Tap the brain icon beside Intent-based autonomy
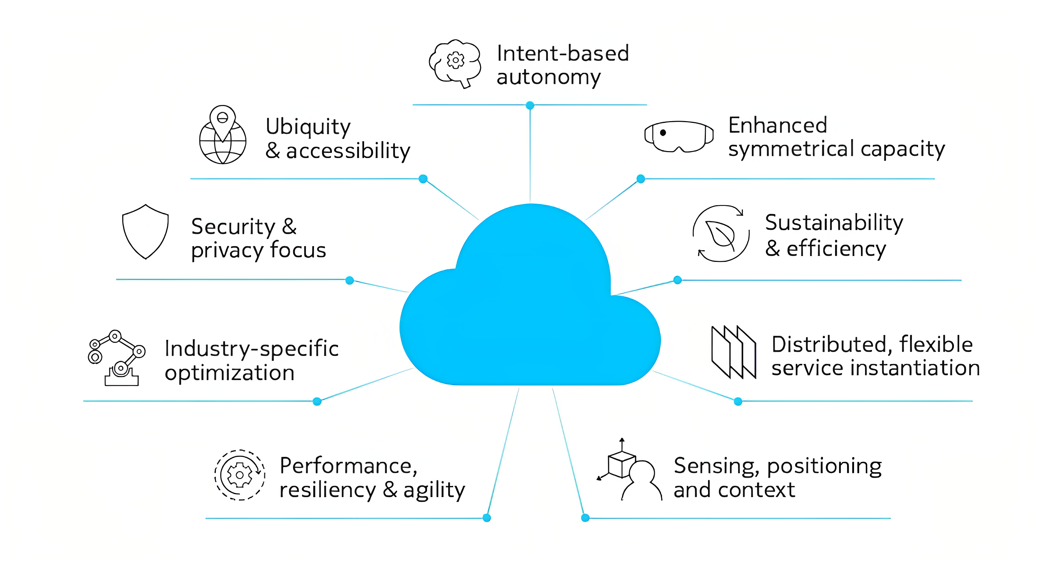(x=455, y=63)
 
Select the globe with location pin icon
(x=222, y=135)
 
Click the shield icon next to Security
(x=145, y=232)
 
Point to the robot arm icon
(x=116, y=358)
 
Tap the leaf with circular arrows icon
(x=720, y=233)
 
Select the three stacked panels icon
(x=734, y=352)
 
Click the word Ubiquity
(x=308, y=127)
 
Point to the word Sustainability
(x=834, y=223)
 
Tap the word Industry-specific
(x=251, y=349)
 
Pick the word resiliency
(x=327, y=490)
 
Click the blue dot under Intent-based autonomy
(x=530, y=105)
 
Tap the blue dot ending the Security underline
(x=349, y=280)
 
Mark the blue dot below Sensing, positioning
(x=585, y=518)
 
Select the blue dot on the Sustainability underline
(x=677, y=280)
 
